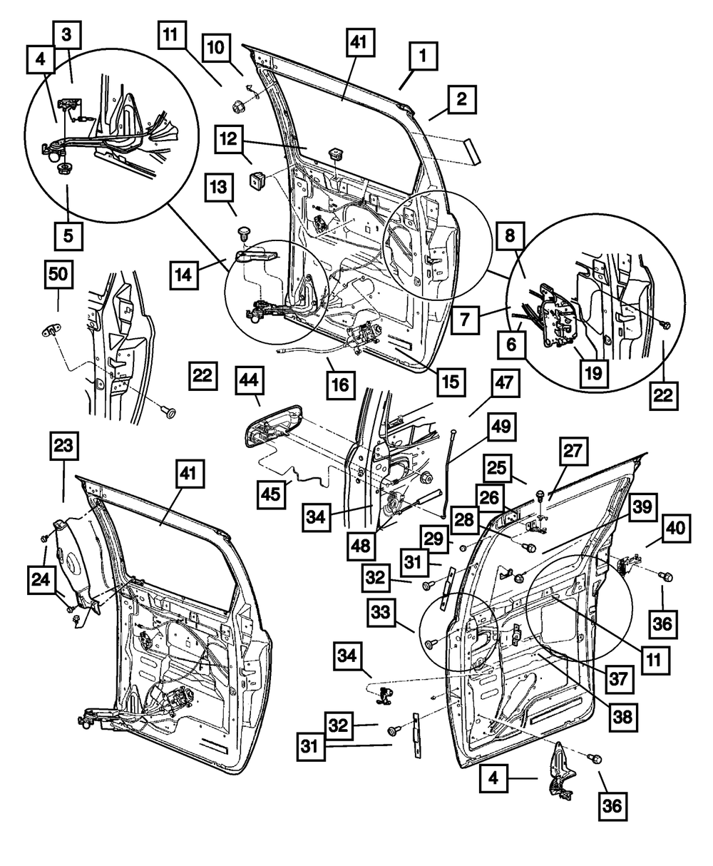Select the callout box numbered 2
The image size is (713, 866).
click(x=461, y=100)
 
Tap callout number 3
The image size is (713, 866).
click(x=66, y=34)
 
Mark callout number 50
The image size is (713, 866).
click(x=60, y=275)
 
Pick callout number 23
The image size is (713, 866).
click(x=65, y=448)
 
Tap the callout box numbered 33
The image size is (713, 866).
click(x=384, y=613)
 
